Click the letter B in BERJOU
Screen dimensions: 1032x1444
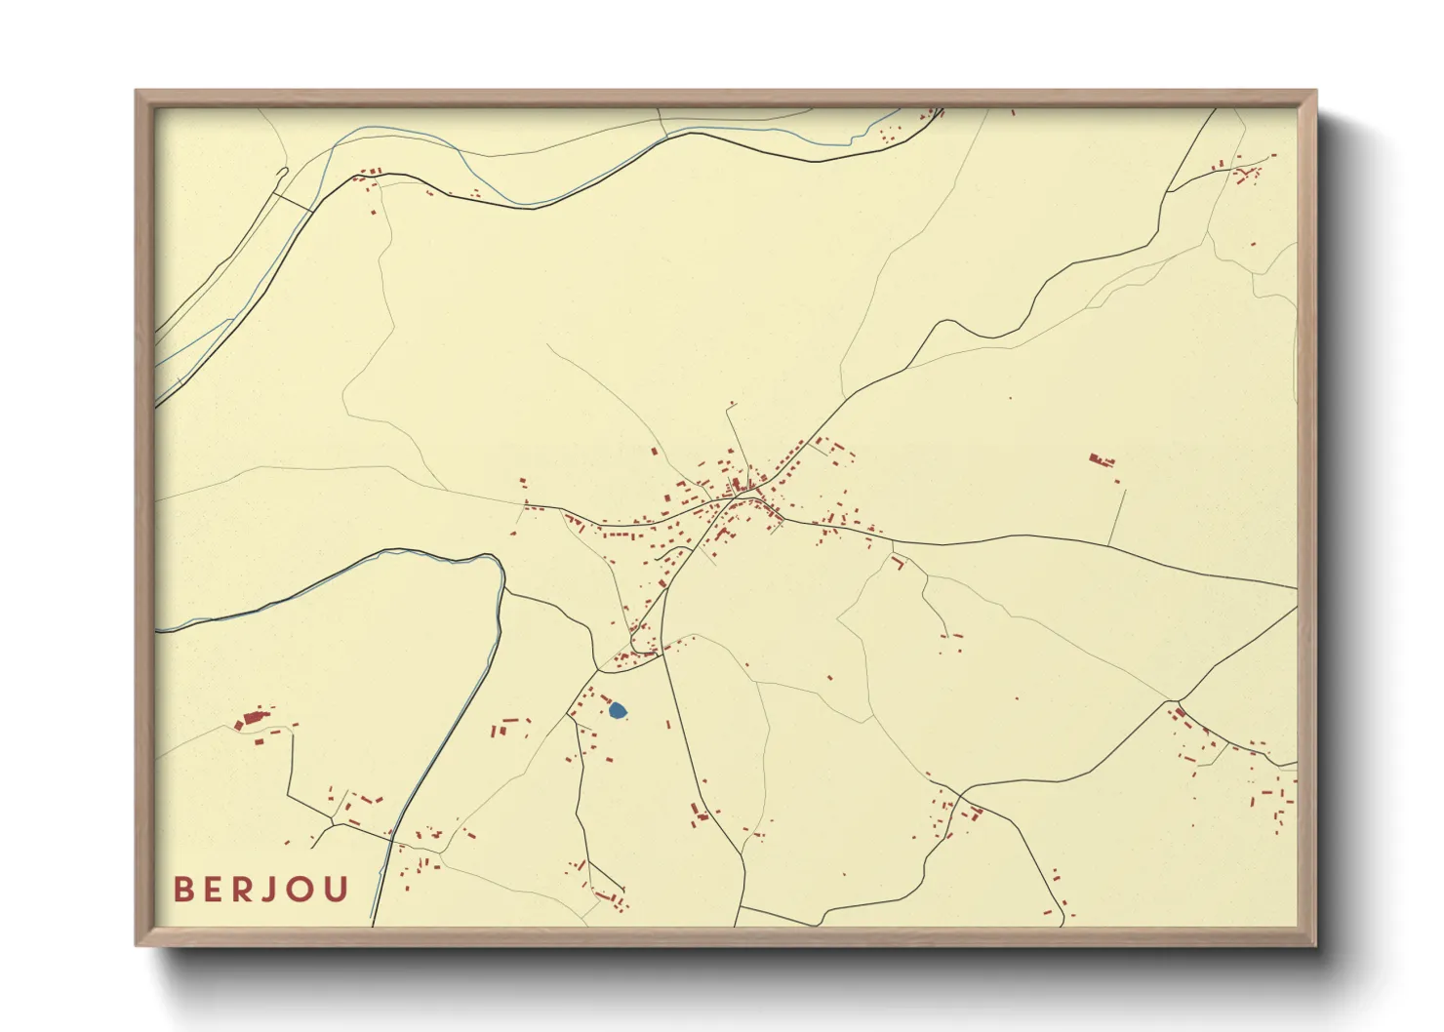tap(183, 890)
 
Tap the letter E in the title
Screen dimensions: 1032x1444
tap(217, 890)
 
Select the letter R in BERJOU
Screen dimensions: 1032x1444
tap(249, 890)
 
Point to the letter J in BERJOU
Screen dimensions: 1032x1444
tap(277, 890)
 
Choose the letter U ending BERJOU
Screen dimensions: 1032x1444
tap(338, 890)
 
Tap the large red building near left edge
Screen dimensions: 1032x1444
tap(251, 720)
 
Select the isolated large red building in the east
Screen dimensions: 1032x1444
tap(1101, 459)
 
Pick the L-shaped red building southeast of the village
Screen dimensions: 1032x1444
tap(899, 561)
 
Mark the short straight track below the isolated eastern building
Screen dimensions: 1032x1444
tap(1117, 517)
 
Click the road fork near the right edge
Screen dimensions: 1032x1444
tap(1177, 701)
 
